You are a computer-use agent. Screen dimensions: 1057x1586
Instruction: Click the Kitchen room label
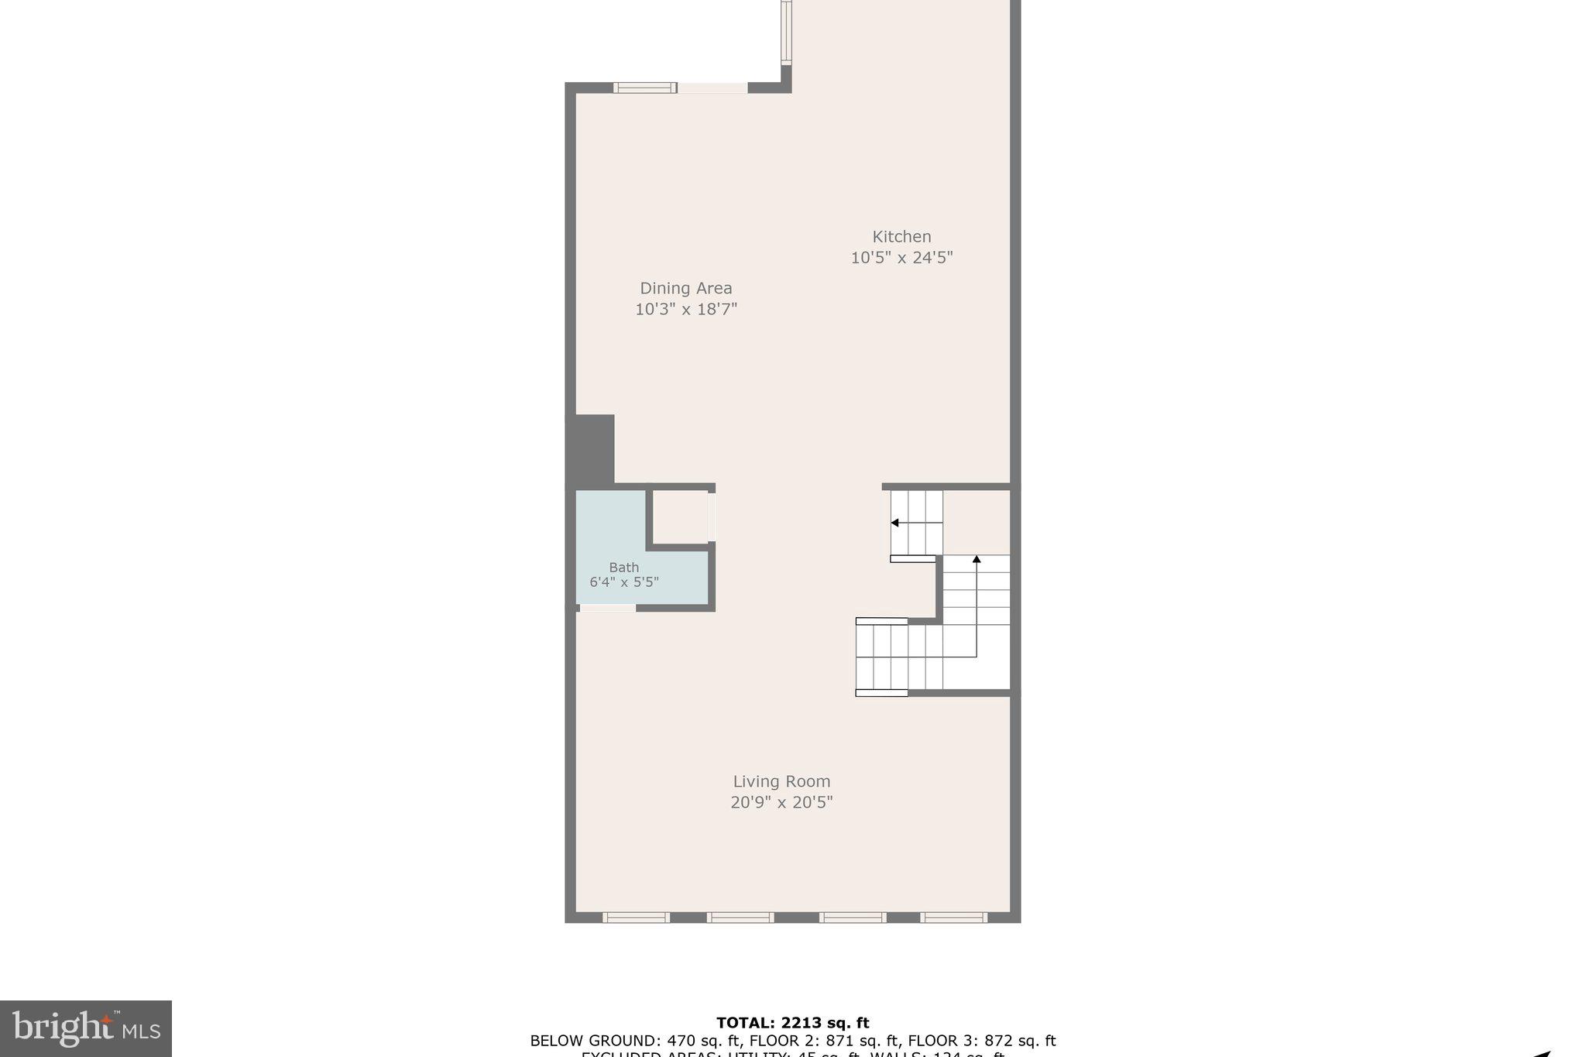coord(901,237)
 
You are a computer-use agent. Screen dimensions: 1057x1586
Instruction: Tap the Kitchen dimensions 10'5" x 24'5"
coord(901,258)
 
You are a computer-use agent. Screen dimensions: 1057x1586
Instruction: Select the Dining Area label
coord(685,288)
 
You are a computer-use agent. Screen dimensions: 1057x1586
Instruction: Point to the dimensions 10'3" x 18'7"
coord(685,309)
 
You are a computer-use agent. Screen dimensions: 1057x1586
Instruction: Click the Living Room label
coord(781,781)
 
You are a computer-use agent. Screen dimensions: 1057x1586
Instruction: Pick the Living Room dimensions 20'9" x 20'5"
coord(781,802)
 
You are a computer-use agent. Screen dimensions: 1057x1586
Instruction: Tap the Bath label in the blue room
coord(623,568)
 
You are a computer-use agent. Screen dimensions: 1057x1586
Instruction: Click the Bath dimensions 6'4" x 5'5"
coord(623,582)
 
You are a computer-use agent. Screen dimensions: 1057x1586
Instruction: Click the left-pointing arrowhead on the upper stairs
coord(894,523)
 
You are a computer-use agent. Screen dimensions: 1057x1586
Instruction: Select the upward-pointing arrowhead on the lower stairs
coord(977,558)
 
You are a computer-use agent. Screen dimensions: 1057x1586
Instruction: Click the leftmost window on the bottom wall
coord(636,918)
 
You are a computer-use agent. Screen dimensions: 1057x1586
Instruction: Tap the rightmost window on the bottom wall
coord(953,918)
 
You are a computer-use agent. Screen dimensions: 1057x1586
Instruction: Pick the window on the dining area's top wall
coord(645,88)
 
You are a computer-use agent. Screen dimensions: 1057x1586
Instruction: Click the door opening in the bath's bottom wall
coord(608,608)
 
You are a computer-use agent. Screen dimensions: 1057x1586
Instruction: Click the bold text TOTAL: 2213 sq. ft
coord(792,1023)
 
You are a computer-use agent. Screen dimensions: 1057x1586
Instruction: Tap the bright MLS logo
coord(86,1028)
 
